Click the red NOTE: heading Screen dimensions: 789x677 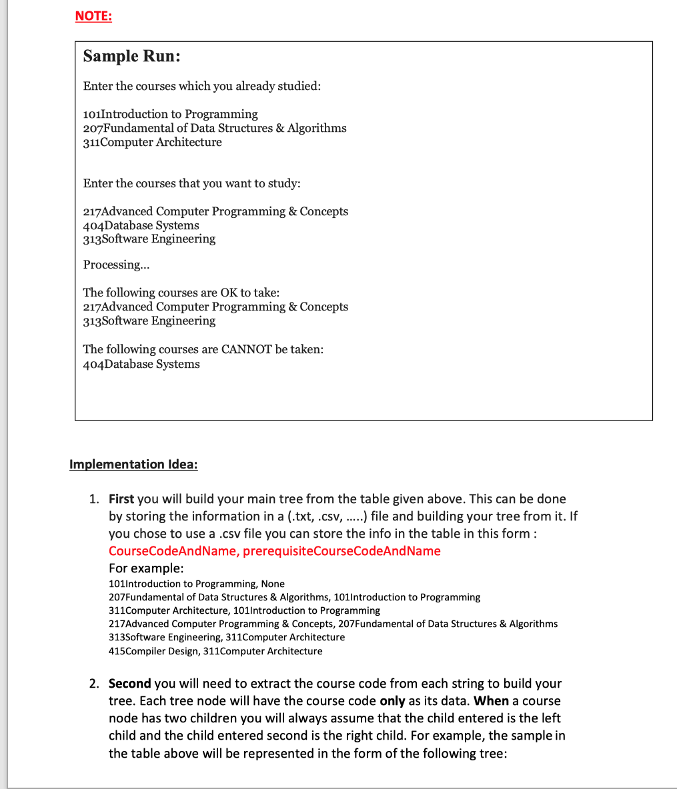click(x=93, y=17)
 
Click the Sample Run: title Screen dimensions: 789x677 click(x=131, y=57)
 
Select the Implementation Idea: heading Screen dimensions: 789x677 click(x=133, y=464)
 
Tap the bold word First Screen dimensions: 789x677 click(x=121, y=499)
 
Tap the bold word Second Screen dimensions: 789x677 click(x=129, y=684)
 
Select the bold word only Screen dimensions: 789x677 click(x=392, y=701)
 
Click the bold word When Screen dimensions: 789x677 click(x=491, y=701)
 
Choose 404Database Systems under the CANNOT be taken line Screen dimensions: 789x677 click(x=141, y=365)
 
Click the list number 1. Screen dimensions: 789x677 click(x=94, y=499)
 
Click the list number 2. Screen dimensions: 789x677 click(x=94, y=684)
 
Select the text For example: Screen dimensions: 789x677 click(x=146, y=568)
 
